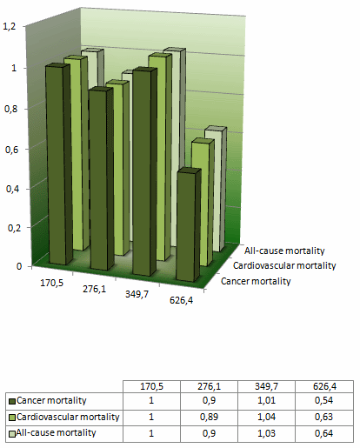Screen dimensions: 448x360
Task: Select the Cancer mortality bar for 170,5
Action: [x=57, y=165]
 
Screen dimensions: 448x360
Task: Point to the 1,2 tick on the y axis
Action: [x=10, y=28]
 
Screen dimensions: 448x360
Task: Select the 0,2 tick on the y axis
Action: [x=10, y=227]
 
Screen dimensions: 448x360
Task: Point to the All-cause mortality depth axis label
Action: [x=286, y=251]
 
